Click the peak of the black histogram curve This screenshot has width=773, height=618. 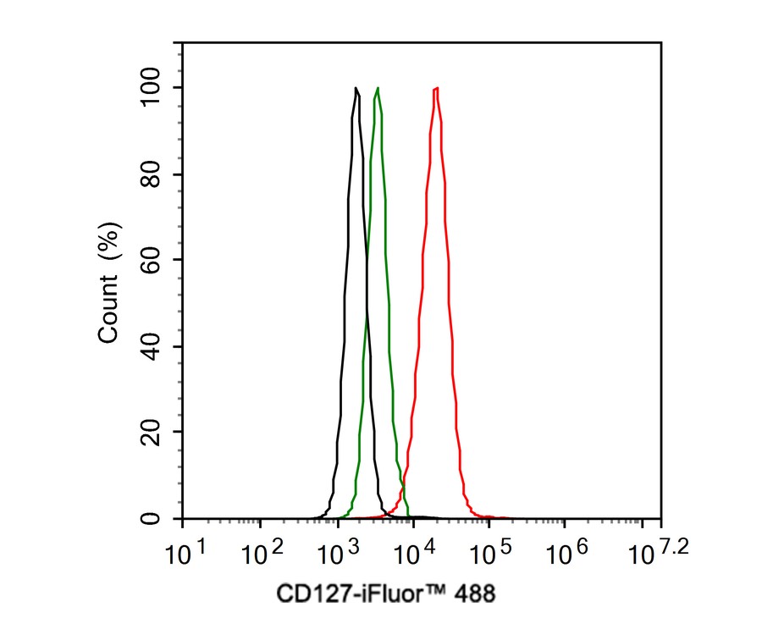click(x=356, y=88)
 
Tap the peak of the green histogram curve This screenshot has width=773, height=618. click(x=378, y=88)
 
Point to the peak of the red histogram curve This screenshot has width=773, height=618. click(x=435, y=88)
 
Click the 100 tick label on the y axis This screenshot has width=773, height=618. click(x=152, y=88)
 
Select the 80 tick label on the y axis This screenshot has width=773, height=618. click(x=152, y=174)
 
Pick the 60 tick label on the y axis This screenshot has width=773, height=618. click(x=152, y=261)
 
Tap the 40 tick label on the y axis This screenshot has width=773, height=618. click(x=152, y=346)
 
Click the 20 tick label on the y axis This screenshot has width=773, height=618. click(x=152, y=433)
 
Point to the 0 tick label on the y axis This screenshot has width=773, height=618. click(x=152, y=518)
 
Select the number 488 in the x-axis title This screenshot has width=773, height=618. click(x=475, y=593)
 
